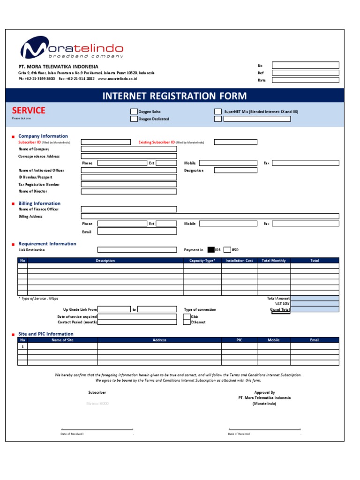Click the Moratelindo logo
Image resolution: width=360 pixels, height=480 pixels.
coord(71,49)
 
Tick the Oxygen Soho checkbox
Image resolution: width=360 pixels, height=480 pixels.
coord(134,112)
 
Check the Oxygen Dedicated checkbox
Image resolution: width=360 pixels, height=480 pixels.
coord(134,119)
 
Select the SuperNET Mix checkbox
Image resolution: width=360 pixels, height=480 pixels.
coord(218,112)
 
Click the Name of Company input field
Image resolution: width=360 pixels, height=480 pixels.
coord(129,149)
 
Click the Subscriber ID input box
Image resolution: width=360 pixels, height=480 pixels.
coord(106,142)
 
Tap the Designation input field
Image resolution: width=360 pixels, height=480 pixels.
coord(235,170)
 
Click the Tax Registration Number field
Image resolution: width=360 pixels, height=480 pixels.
coord(129,184)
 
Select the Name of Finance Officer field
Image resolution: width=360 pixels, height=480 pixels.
coord(129,209)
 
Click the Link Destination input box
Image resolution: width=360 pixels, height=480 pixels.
coord(137,250)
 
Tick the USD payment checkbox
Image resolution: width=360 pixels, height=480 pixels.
coord(227,250)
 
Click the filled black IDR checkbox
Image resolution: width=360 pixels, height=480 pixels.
coord(211,250)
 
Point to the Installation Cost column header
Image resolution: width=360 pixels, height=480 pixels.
coord(239,261)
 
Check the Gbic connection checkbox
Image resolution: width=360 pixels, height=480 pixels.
coord(187,317)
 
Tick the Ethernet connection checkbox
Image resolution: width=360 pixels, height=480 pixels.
coord(187,322)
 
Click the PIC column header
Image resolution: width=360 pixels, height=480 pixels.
coord(239,340)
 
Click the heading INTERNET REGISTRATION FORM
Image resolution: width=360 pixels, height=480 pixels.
coord(174,96)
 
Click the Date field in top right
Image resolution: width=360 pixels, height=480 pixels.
coord(305,80)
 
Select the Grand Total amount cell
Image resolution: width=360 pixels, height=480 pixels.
coord(315,310)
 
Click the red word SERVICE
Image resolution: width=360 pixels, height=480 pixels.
coord(29,110)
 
